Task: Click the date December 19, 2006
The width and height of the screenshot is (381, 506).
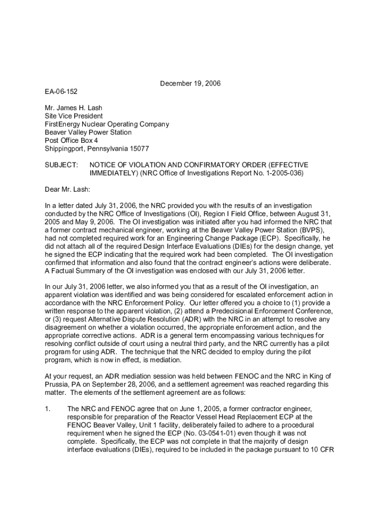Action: [190, 84]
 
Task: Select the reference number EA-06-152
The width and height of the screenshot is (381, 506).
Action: [61, 92]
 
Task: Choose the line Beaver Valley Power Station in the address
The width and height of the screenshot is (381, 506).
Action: [88, 132]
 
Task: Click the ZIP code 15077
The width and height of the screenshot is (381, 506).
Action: [139, 149]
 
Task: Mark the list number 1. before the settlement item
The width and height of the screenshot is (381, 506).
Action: [48, 409]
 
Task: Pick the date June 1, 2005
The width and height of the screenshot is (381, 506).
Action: [161, 409]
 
